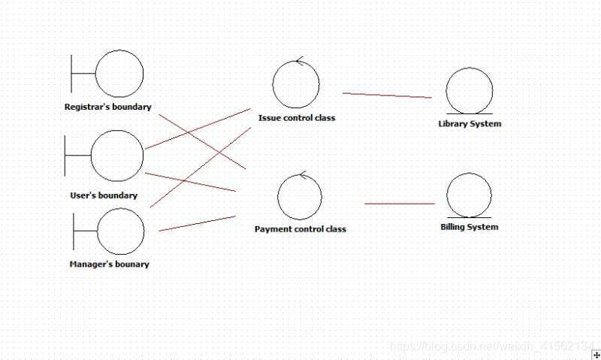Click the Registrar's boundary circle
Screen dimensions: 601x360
pyautogui.click(x=119, y=74)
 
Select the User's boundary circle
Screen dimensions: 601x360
pyautogui.click(x=116, y=156)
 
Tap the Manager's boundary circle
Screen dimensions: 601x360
pyautogui.click(x=120, y=231)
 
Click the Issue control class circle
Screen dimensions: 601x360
pyautogui.click(x=296, y=84)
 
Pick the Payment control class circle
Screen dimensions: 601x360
pyautogui.click(x=300, y=197)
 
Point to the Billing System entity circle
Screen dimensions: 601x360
pyautogui.click(x=469, y=195)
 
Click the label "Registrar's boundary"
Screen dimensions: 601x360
pyautogui.click(x=108, y=107)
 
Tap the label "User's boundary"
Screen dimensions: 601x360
pyautogui.click(x=104, y=195)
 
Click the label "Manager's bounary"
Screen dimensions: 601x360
pyautogui.click(x=109, y=264)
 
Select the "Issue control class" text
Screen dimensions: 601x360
pyautogui.click(x=297, y=117)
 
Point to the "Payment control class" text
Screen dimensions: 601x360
pyautogui.click(x=300, y=228)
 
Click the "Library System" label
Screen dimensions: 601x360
pyautogui.click(x=470, y=123)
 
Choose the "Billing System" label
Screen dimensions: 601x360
pyautogui.click(x=470, y=226)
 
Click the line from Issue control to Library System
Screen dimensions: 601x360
pyautogui.click(x=387, y=95)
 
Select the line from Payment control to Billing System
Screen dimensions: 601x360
pyautogui.click(x=400, y=204)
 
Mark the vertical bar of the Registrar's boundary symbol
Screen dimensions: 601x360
pyautogui.click(x=71, y=74)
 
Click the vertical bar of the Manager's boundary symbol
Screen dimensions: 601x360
pyautogui.click(x=74, y=231)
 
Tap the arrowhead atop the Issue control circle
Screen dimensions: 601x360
pyautogui.click(x=299, y=62)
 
